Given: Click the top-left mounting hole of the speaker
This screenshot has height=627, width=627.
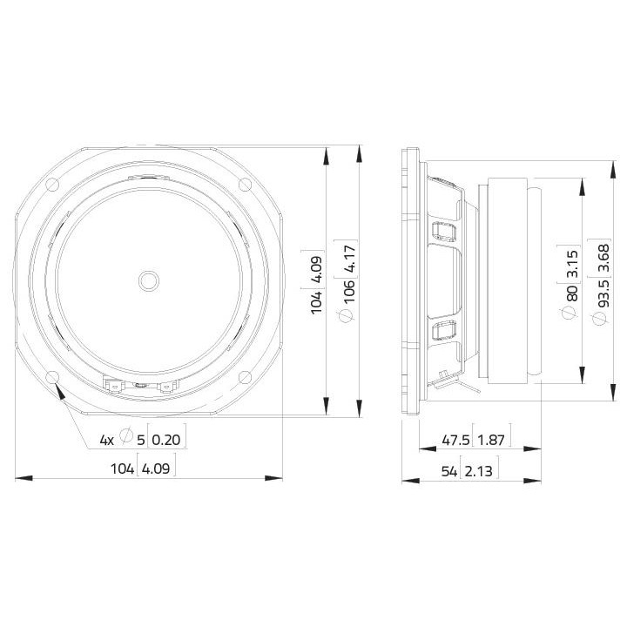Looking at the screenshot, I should pyautogui.click(x=53, y=185).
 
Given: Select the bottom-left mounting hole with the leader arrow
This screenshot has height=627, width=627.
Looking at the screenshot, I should pyautogui.click(x=53, y=376).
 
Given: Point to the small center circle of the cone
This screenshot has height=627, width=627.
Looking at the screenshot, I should pyautogui.click(x=149, y=280).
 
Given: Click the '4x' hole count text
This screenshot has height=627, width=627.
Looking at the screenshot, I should pyautogui.click(x=107, y=440).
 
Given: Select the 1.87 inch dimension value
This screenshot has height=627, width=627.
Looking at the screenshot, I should pyautogui.click(x=491, y=440).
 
